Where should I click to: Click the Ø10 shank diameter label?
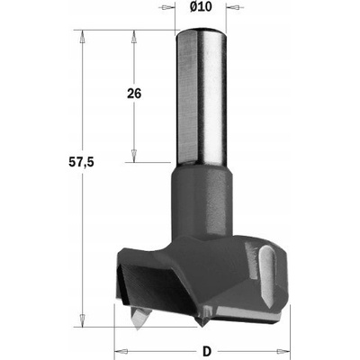pos(201,6)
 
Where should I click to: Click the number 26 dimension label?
pos(134,94)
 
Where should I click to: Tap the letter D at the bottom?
pos(206,351)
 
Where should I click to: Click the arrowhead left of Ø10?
pos(168,7)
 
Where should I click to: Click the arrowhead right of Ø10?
pos(233,7)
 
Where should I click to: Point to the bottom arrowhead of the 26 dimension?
pos(134,156)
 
